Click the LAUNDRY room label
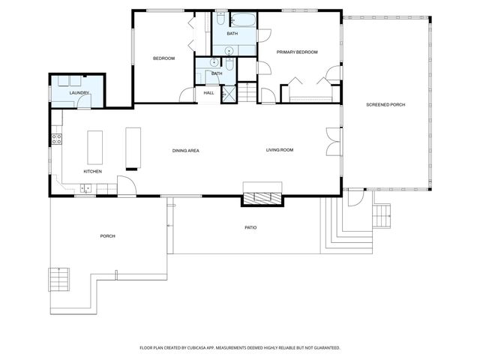[x=79, y=93]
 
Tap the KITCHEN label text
[x=92, y=172]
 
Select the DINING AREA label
[x=185, y=151]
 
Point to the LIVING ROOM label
[x=279, y=150]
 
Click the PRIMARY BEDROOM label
[x=297, y=52]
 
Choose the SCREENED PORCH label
[x=385, y=104]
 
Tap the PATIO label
[x=250, y=227]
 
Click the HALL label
[x=209, y=93]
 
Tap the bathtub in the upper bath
[x=241, y=20]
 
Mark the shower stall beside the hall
[x=229, y=94]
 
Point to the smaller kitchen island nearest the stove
[x=94, y=147]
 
